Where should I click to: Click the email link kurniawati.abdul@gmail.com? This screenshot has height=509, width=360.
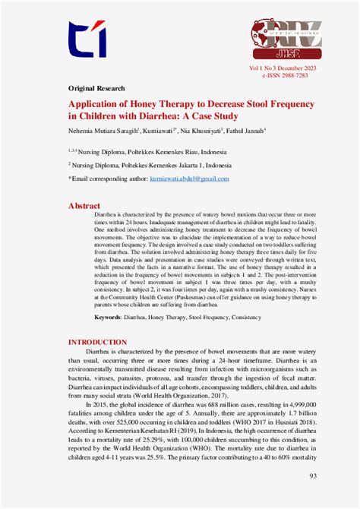(189, 178)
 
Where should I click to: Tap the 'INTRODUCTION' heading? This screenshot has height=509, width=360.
(98, 343)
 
